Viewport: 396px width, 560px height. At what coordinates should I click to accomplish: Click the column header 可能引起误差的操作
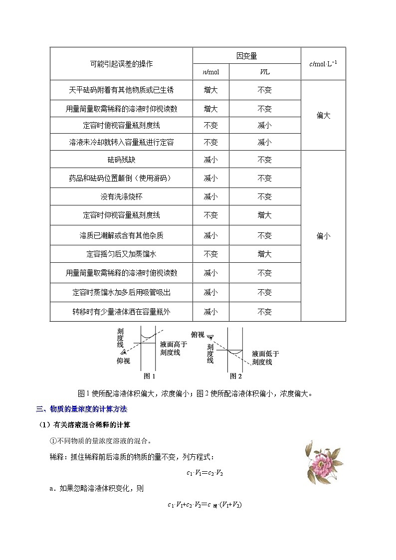click(x=121, y=64)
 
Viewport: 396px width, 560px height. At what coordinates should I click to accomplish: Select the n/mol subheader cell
click(x=210, y=72)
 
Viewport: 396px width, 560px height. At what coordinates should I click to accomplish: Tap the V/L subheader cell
click(x=264, y=72)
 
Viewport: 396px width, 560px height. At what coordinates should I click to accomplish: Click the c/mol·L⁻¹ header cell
click(x=323, y=63)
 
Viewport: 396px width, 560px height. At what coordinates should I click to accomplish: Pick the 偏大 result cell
click(x=323, y=116)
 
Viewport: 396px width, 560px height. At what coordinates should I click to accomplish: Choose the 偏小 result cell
click(x=323, y=236)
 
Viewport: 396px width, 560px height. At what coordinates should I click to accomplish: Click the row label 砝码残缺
click(x=121, y=160)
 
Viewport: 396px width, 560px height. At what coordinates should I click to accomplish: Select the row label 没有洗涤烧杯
click(x=121, y=197)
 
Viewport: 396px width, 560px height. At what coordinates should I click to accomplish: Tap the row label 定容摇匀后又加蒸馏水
click(x=121, y=254)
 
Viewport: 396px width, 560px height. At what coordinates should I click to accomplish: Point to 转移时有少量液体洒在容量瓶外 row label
click(x=121, y=312)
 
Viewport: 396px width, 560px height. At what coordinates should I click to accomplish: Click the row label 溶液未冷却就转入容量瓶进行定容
click(x=121, y=142)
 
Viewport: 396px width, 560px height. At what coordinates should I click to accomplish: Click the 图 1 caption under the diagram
click(x=150, y=376)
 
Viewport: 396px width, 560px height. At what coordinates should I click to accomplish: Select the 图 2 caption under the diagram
click(x=235, y=376)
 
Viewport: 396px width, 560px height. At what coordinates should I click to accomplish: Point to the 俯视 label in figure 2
click(x=198, y=335)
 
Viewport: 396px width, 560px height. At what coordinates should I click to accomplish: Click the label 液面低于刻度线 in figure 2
click(x=265, y=358)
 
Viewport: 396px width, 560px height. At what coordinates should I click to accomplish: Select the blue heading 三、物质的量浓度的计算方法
click(x=82, y=409)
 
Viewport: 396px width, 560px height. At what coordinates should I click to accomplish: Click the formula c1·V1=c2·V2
click(x=201, y=473)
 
